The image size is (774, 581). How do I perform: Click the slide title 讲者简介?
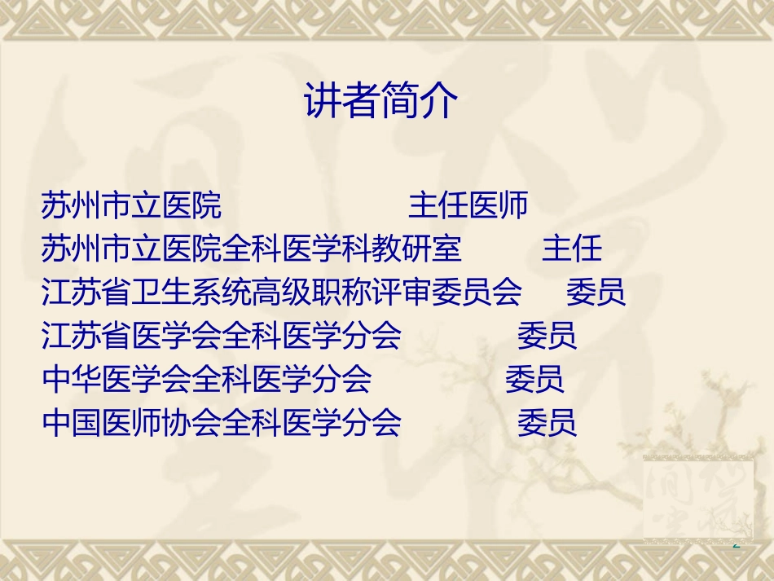click(x=382, y=101)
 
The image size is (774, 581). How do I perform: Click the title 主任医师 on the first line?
click(x=468, y=205)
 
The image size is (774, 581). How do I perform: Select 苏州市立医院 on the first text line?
click(x=131, y=205)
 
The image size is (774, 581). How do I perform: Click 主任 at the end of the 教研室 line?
click(x=572, y=249)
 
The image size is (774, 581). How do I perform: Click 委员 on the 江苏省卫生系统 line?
click(x=596, y=292)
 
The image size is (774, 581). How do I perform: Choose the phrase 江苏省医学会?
click(x=131, y=335)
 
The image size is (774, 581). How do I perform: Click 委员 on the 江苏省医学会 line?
click(x=547, y=335)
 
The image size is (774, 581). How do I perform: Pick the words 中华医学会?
click(x=117, y=378)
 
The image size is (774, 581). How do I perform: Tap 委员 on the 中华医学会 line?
click(x=534, y=378)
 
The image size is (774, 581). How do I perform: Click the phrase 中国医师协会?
click(x=131, y=422)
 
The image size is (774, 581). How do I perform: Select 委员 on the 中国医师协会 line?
click(x=547, y=422)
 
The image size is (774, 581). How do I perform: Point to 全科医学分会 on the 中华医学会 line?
click(x=281, y=378)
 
